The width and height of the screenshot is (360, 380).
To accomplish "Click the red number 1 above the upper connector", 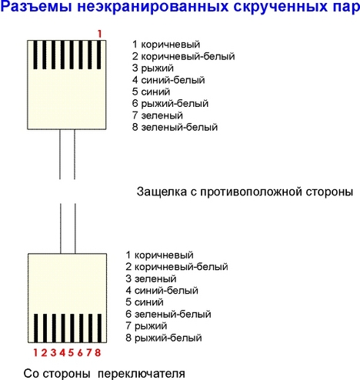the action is pyautogui.click(x=99, y=34).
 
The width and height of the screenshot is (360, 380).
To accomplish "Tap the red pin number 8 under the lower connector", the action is pyautogui.click(x=98, y=352).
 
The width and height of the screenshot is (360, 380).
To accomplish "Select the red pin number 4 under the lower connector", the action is pyautogui.click(x=62, y=352).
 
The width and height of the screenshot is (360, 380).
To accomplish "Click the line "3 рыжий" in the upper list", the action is pyautogui.click(x=153, y=68).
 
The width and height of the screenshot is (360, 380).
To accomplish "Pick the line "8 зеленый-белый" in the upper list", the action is pyautogui.click(x=175, y=127).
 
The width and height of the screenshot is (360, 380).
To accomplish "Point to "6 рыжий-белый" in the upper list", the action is pyautogui.click(x=170, y=104).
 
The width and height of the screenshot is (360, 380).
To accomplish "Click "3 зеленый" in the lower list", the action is pyautogui.click(x=151, y=278).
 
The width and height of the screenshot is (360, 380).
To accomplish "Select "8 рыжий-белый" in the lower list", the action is pyautogui.click(x=164, y=338).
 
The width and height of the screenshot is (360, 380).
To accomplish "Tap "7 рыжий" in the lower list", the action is pyautogui.click(x=146, y=326).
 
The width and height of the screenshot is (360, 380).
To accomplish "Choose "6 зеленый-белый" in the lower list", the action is pyautogui.click(x=168, y=314).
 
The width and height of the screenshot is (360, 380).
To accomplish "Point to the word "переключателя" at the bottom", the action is pyautogui.click(x=142, y=374).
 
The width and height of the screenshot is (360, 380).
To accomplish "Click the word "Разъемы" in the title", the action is pyautogui.click(x=36, y=7).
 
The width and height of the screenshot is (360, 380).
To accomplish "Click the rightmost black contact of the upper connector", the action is pyautogui.click(x=99, y=55).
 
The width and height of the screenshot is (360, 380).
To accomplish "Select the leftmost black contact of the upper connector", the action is pyautogui.click(x=35, y=55).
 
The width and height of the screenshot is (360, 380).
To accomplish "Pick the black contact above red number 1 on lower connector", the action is pyautogui.click(x=36, y=328).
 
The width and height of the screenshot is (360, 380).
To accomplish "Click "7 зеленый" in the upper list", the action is pyautogui.click(x=158, y=115).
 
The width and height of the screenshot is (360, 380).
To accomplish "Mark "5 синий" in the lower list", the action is pyautogui.click(x=145, y=302).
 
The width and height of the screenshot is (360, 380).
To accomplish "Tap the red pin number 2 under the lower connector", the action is pyautogui.click(x=44, y=352).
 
